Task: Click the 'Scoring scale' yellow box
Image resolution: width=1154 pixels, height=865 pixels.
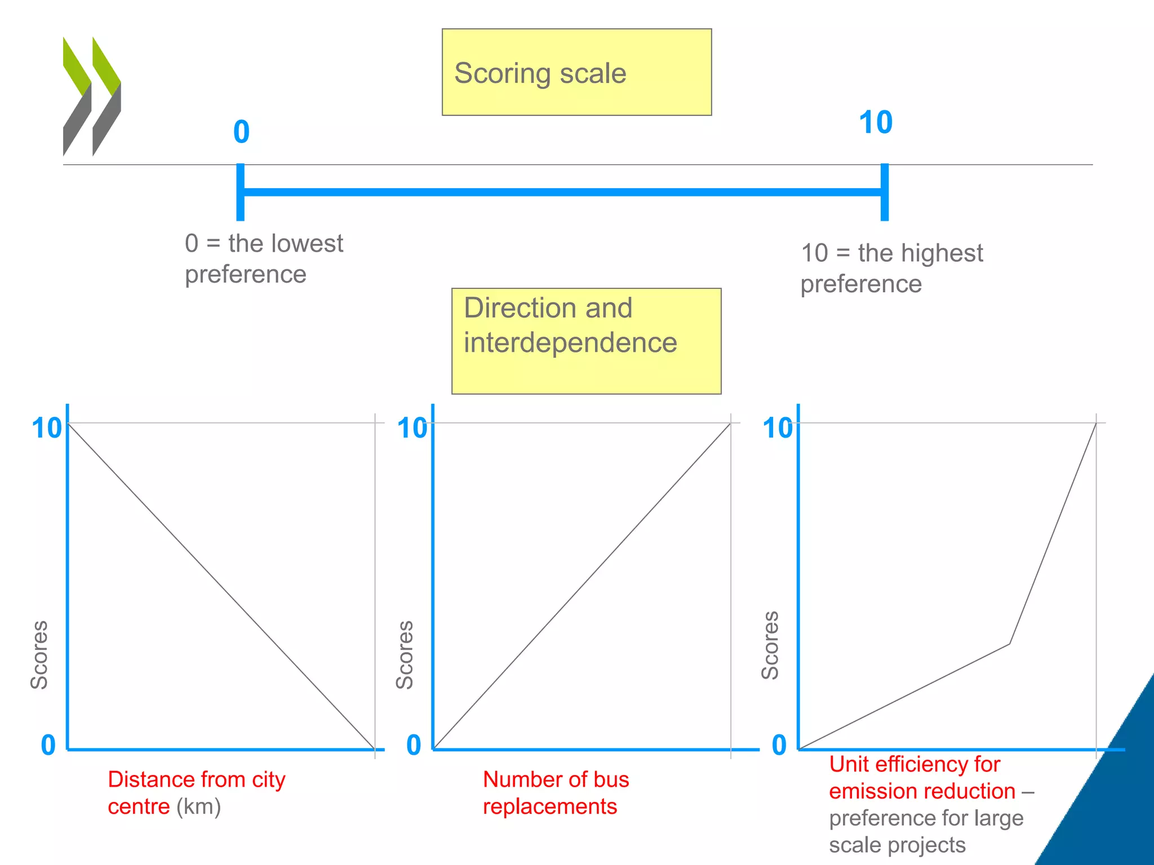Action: (x=576, y=72)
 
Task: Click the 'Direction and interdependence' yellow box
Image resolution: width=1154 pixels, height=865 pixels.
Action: (x=586, y=341)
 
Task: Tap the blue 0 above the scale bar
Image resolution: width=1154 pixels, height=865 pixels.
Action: (x=241, y=132)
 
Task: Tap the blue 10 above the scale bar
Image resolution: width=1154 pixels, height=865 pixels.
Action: (x=875, y=122)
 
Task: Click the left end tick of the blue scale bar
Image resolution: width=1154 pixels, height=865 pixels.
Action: (x=241, y=192)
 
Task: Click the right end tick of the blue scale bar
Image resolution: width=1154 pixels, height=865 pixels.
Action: (x=885, y=192)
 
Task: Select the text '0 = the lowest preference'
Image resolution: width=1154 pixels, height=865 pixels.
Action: (x=264, y=259)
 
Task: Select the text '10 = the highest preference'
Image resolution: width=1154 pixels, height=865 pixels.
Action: (x=891, y=269)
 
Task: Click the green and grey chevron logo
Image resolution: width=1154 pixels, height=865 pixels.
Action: (x=92, y=96)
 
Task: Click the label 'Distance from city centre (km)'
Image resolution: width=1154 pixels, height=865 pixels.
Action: (x=197, y=793)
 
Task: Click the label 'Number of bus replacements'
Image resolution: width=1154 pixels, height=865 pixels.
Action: (x=556, y=793)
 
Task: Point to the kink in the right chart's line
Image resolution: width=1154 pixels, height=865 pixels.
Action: (x=1009, y=644)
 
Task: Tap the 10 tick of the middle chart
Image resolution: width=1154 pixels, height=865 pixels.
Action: (x=412, y=428)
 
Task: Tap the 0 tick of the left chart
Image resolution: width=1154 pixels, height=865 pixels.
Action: (x=48, y=745)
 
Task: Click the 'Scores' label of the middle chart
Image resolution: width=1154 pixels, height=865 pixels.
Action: (x=405, y=655)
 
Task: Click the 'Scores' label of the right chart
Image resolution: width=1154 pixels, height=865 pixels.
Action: (x=770, y=645)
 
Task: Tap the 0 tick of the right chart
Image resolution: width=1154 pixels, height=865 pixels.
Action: (x=779, y=745)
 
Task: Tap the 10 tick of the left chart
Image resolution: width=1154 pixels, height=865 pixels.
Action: (x=47, y=428)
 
